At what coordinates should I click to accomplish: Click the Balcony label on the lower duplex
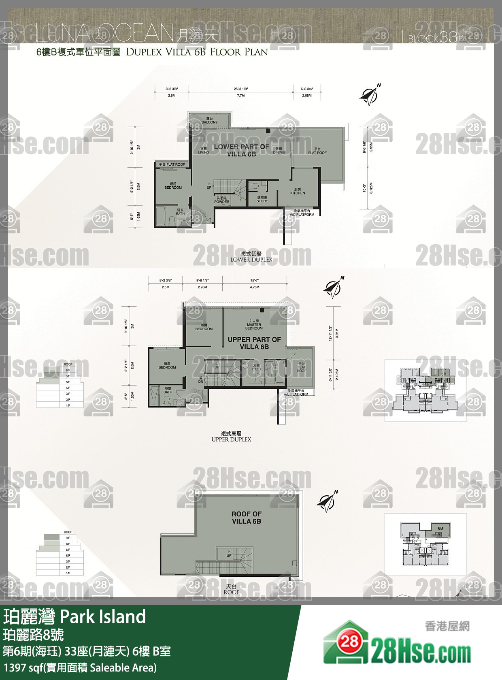coord(209,120)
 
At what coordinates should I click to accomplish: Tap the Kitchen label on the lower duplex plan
coord(298,191)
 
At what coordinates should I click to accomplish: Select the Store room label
coord(262,199)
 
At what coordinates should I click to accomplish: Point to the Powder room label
coord(221,200)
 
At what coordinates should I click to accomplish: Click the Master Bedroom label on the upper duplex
coord(254,324)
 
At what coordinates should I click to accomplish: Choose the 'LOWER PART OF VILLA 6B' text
coord(241,150)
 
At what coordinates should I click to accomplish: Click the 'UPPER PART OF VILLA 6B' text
coord(254,343)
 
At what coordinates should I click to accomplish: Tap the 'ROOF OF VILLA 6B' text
coord(247,518)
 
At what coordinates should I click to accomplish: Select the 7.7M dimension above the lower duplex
coord(241,96)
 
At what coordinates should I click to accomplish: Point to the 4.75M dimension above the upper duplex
coord(255,287)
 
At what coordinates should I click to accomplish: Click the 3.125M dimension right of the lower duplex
coord(371,188)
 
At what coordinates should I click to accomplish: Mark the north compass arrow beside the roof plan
coord(327,502)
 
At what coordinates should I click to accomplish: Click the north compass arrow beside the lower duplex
coord(370,95)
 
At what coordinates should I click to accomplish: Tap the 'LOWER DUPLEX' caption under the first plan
coord(251,260)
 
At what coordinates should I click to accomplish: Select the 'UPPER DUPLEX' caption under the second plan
coord(231,439)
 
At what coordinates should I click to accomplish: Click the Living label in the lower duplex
coord(204,151)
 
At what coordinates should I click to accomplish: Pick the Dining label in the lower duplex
coord(279,151)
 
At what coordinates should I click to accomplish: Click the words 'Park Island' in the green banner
coord(103,616)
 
